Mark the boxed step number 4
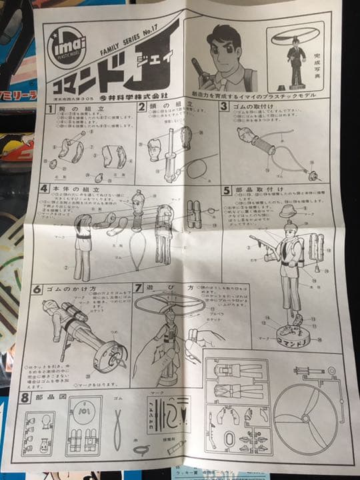(x=45, y=189)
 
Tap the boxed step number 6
(x=39, y=289)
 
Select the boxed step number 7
(x=139, y=288)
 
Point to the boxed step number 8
(x=25, y=398)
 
